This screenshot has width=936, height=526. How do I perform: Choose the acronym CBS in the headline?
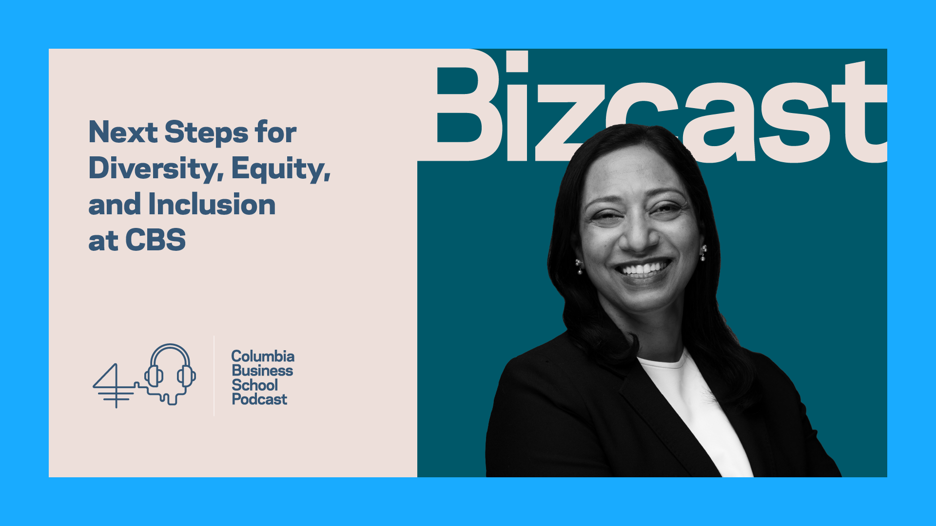156,240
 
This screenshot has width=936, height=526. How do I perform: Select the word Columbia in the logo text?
263,356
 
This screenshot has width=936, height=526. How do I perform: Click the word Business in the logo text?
262,371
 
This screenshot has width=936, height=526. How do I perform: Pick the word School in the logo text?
254,385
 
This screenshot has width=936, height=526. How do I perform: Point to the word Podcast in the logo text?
259,399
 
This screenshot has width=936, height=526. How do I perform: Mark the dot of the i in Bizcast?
517,61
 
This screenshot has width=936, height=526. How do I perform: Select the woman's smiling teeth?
643,268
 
